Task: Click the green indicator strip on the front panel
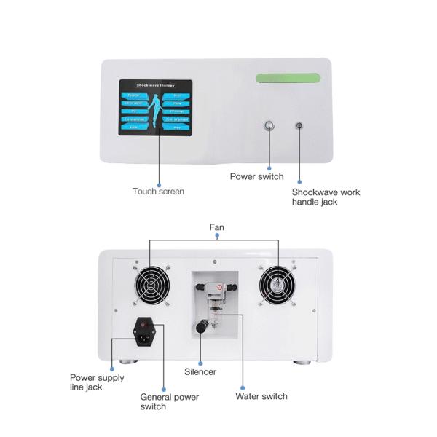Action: [x=289, y=78]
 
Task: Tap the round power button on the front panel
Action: [x=270, y=125]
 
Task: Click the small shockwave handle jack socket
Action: [x=298, y=125]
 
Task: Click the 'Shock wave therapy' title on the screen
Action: [x=156, y=85]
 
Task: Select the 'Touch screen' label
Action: [x=158, y=192]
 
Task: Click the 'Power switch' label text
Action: [x=256, y=176]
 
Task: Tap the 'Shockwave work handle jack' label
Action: [x=326, y=197]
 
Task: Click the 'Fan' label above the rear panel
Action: [x=217, y=228]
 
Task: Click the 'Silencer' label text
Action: [x=200, y=371]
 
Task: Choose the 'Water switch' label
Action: [x=261, y=397]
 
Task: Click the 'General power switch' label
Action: [x=169, y=402]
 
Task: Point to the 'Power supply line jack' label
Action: [x=97, y=382]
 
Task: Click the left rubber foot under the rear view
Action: [x=128, y=361]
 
